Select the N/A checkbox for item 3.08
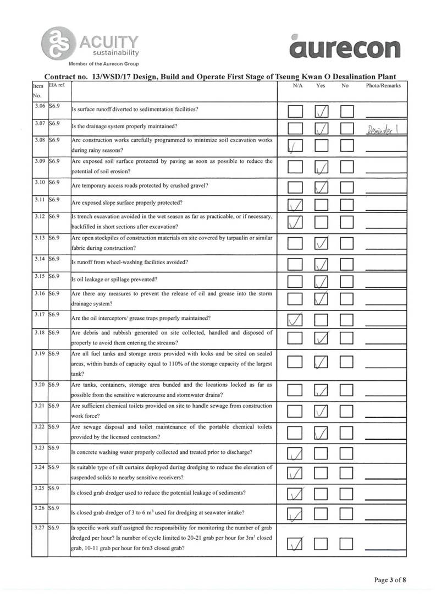pyautogui.click(x=295, y=146)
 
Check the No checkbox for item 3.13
pyautogui.click(x=347, y=243)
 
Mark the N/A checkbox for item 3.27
pyautogui.click(x=295, y=544)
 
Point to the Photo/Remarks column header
pyautogui.click(x=383, y=86)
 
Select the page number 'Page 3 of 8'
pyautogui.click(x=389, y=579)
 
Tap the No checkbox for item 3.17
pyautogui.click(x=347, y=320)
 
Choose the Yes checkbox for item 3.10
pyautogui.click(x=322, y=188)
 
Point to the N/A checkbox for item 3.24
pyautogui.click(x=295, y=472)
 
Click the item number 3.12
pyautogui.click(x=38, y=216)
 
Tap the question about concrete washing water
pyautogui.click(x=162, y=452)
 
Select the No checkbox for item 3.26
pyautogui.click(x=347, y=514)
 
